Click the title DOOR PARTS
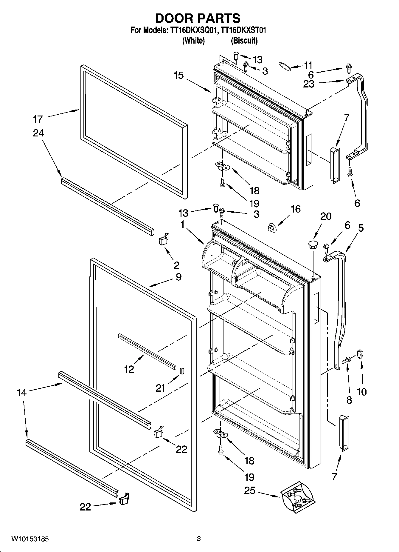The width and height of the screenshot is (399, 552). coord(198,18)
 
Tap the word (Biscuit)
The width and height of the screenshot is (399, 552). coord(244,40)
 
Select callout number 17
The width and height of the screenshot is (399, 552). coord(38,119)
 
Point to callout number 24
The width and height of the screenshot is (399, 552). coord(38,133)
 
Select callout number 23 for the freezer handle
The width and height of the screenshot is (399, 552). coord(308,84)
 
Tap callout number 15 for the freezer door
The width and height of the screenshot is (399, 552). coord(178,76)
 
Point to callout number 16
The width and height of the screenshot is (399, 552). coord(295,209)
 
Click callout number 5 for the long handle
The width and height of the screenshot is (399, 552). coord(361,228)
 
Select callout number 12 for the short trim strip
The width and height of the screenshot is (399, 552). coord(129,370)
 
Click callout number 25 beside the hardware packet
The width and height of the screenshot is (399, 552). coord(250,490)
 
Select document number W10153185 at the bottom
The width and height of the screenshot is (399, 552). coord(30,539)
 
